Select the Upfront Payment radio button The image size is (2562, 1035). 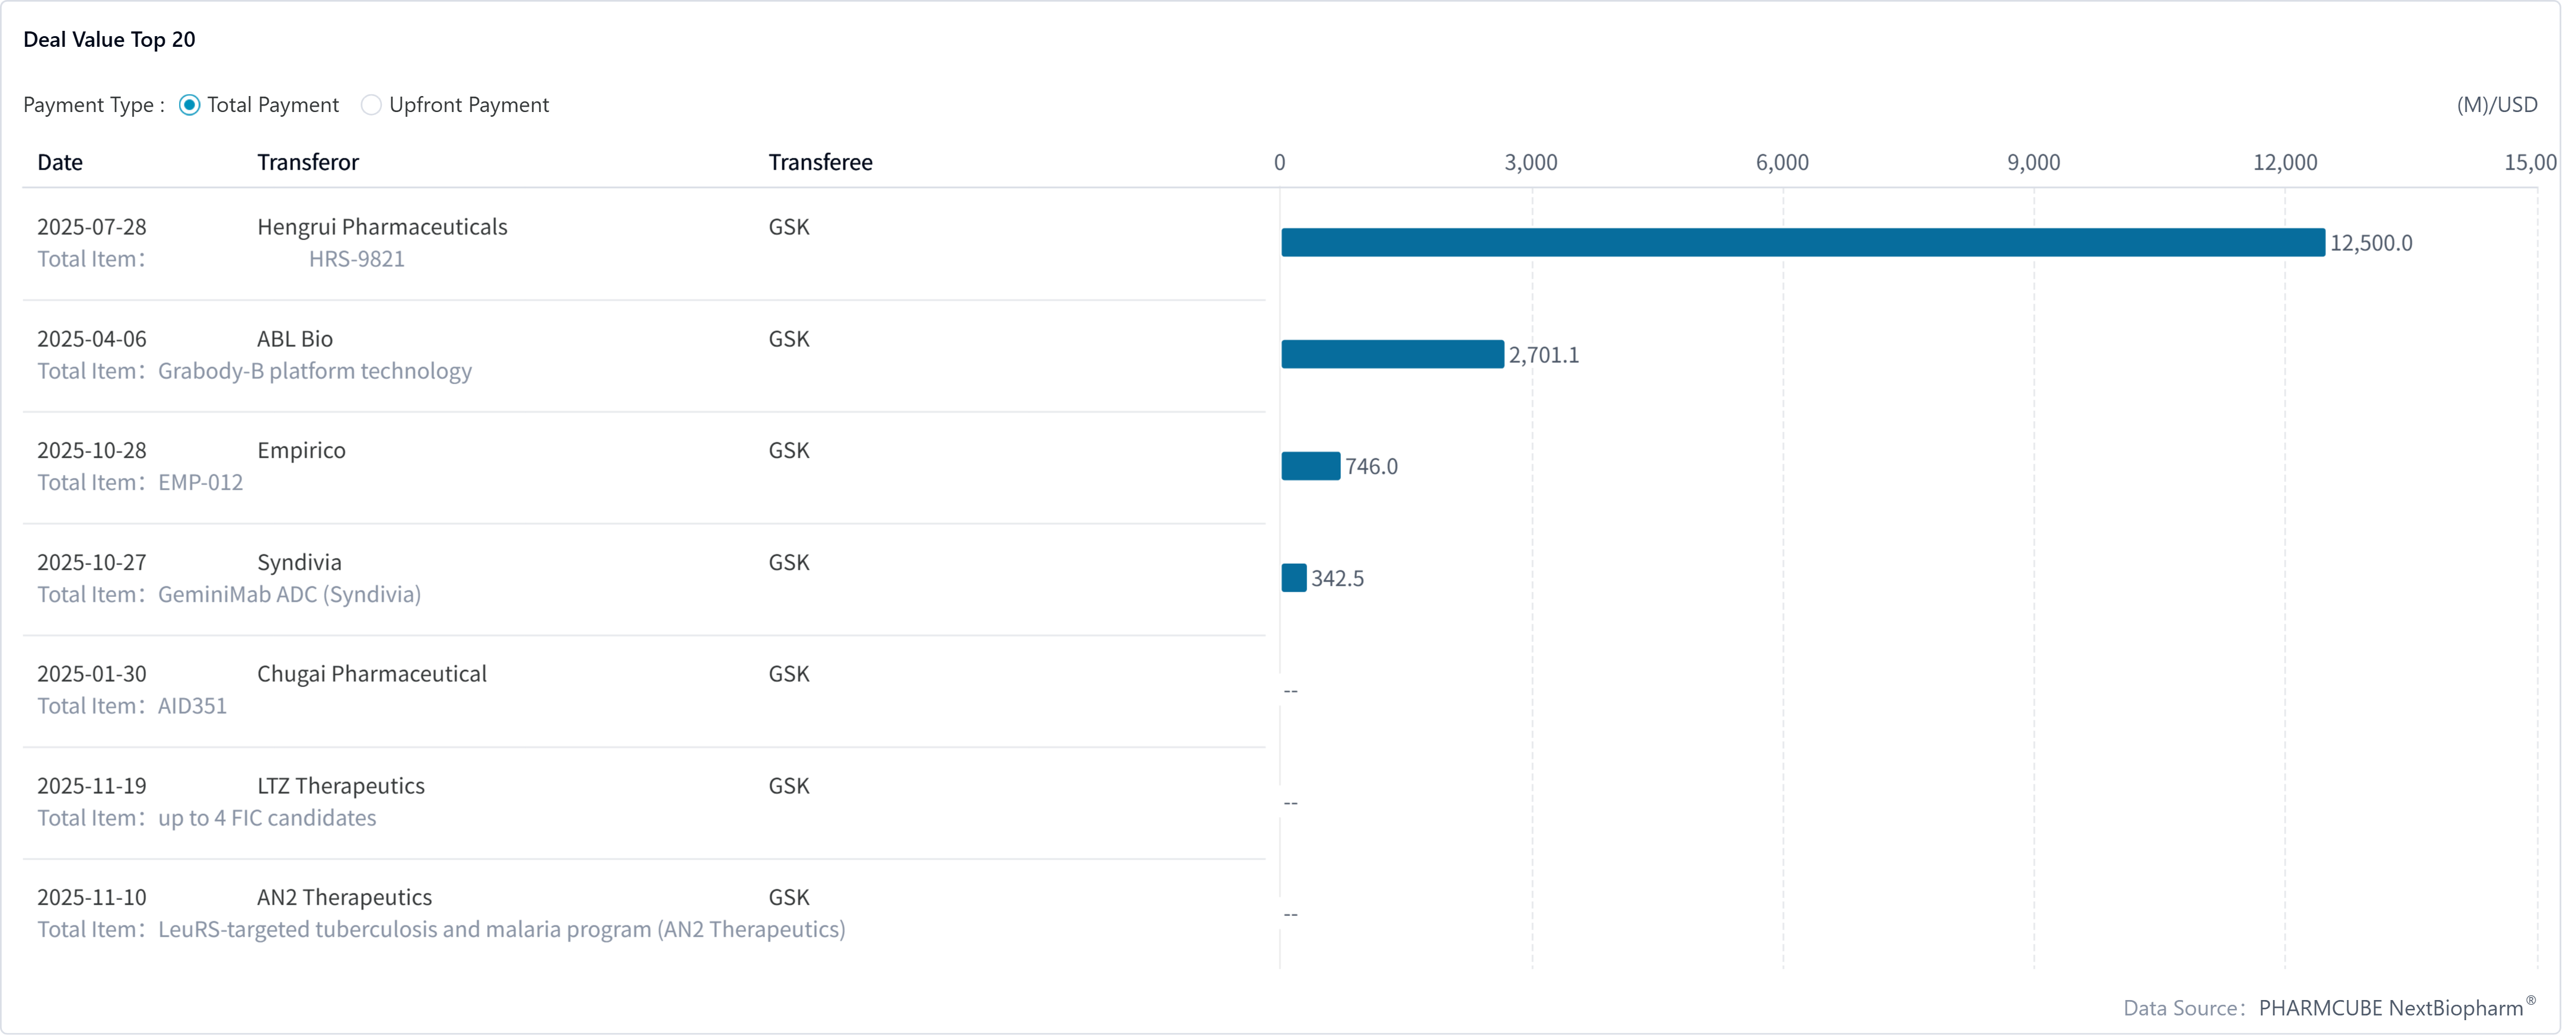click(x=371, y=106)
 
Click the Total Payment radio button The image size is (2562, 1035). click(x=190, y=106)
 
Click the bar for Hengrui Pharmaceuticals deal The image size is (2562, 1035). click(x=1802, y=242)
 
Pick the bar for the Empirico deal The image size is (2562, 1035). click(x=1310, y=467)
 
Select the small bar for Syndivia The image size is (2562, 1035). click(x=1293, y=577)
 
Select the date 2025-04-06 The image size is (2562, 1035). click(x=91, y=339)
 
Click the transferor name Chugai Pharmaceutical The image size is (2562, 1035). click(x=371, y=674)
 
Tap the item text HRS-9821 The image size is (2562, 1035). click(x=356, y=260)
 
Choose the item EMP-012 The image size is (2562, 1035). click(x=200, y=483)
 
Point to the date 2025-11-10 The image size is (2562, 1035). click(x=91, y=898)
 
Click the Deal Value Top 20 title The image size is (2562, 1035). click(x=109, y=40)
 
